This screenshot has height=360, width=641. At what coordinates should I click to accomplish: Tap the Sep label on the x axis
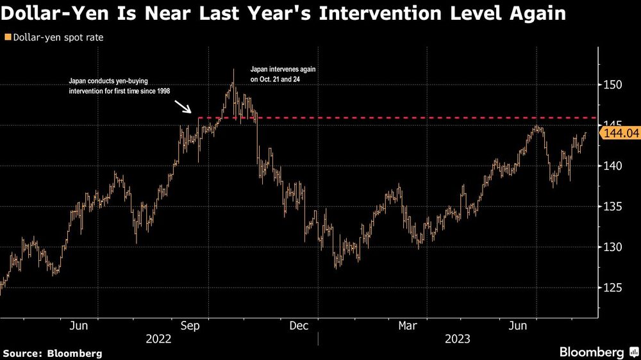point(192,326)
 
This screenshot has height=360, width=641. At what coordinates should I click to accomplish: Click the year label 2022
point(158,339)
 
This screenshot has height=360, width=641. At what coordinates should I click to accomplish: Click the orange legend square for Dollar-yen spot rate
point(7,38)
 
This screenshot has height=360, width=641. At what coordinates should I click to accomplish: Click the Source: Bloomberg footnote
point(53,353)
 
